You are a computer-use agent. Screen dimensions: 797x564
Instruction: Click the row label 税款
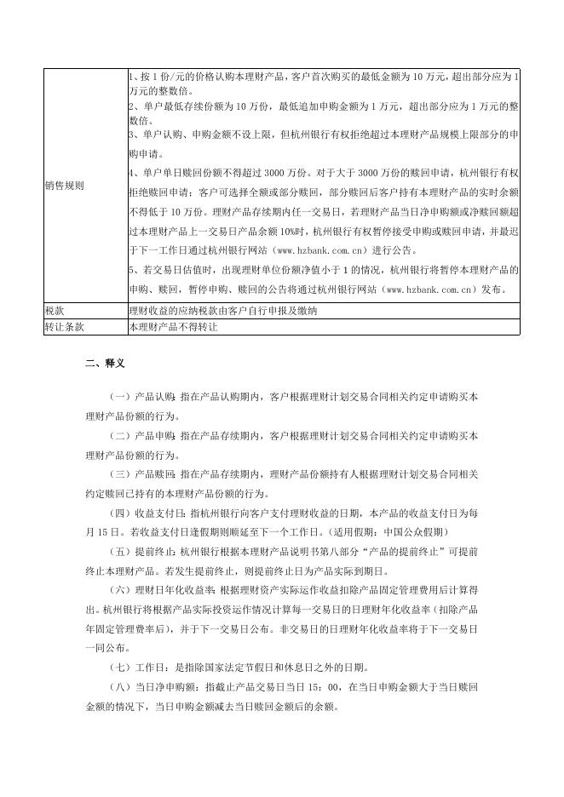coord(55,311)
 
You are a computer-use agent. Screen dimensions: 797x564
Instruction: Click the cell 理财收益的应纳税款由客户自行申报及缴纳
coord(222,311)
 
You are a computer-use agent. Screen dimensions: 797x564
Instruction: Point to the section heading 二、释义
coord(106,364)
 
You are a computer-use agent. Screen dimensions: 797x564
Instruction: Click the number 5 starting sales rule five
coord(130,270)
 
